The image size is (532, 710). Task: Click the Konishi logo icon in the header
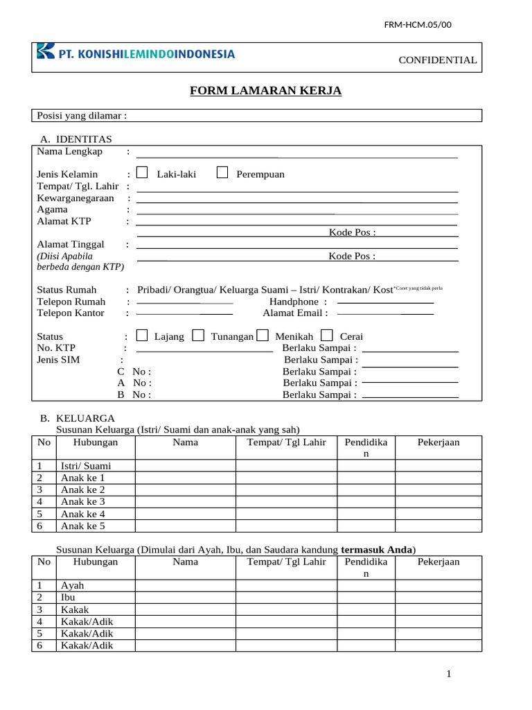pyautogui.click(x=45, y=51)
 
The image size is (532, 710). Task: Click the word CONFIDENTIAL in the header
pyautogui.click(x=437, y=60)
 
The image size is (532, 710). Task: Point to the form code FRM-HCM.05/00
pyautogui.click(x=417, y=25)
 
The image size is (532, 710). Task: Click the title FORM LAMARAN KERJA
pyautogui.click(x=266, y=91)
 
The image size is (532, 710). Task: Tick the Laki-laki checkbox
pyautogui.click(x=142, y=173)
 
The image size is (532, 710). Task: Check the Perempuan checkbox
pyautogui.click(x=222, y=173)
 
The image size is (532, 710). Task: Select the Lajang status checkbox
pyautogui.click(x=142, y=336)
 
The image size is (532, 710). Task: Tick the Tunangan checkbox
pyautogui.click(x=198, y=336)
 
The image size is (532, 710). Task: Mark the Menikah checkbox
pyautogui.click(x=263, y=336)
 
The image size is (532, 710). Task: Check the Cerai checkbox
pyautogui.click(x=327, y=336)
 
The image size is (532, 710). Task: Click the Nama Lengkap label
pyautogui.click(x=69, y=151)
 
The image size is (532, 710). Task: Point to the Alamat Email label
pyautogui.click(x=295, y=313)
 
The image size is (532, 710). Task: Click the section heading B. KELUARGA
pyautogui.click(x=77, y=419)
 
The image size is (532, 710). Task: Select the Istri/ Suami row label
pyautogui.click(x=86, y=466)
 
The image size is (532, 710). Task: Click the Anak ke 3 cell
pyautogui.click(x=83, y=501)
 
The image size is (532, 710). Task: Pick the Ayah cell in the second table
pyautogui.click(x=72, y=586)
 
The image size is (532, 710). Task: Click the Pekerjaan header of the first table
pyautogui.click(x=438, y=442)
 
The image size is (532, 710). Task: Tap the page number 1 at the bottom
pyautogui.click(x=449, y=674)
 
